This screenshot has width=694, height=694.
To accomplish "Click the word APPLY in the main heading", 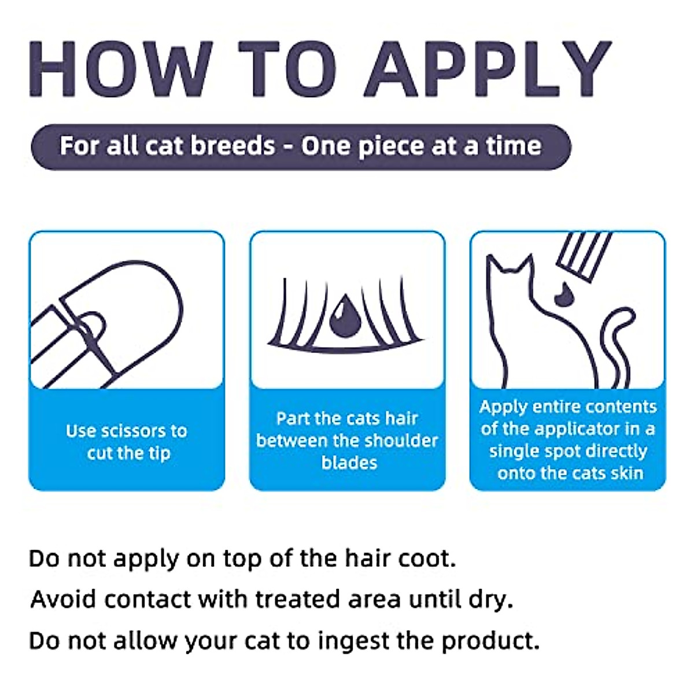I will point(487,68).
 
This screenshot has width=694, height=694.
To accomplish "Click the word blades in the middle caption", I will point(349,463).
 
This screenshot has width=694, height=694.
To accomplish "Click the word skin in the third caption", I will point(626,473).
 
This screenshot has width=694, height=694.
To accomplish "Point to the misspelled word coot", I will point(426,559).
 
